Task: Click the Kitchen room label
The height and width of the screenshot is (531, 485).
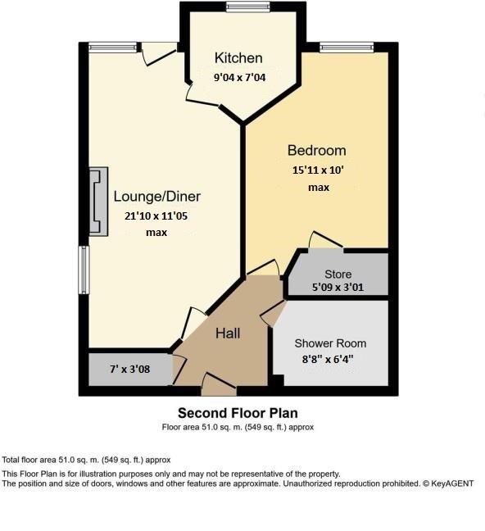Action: [x=238, y=57]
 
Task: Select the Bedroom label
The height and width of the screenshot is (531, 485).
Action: [x=316, y=151]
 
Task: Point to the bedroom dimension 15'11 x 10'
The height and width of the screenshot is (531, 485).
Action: [x=319, y=170]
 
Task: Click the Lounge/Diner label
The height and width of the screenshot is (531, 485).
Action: [x=156, y=197]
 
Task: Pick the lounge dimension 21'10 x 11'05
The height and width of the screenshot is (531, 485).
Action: [x=156, y=216]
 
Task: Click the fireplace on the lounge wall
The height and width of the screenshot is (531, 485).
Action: [x=98, y=201]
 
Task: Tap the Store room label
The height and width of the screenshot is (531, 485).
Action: [x=338, y=275]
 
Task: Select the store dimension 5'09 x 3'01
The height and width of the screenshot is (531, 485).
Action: [x=338, y=288]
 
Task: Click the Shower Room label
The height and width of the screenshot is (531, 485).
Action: [x=330, y=343]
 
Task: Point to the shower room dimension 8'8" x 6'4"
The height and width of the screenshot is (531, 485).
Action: [x=330, y=359]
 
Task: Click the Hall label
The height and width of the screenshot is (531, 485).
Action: [x=227, y=334]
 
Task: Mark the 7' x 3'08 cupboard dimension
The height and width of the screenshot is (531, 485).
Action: [x=129, y=369]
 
